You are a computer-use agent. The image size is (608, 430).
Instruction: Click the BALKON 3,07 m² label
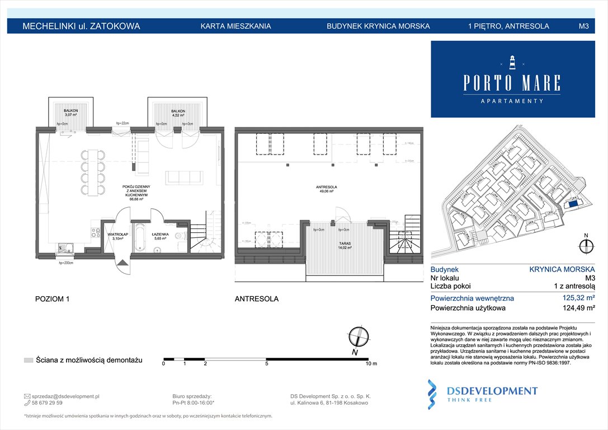pyautogui.click(x=70, y=113)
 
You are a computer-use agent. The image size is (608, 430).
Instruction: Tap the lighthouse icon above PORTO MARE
pyautogui.click(x=511, y=62)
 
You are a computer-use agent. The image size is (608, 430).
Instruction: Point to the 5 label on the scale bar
pyautogui.click(x=266, y=364)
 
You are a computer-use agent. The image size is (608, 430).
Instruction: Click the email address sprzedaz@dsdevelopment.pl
pyautogui.click(x=66, y=396)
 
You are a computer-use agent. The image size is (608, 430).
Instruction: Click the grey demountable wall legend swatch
pyautogui.click(x=29, y=359)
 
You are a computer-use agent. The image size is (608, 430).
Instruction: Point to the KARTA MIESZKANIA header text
pyautogui.click(x=235, y=26)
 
